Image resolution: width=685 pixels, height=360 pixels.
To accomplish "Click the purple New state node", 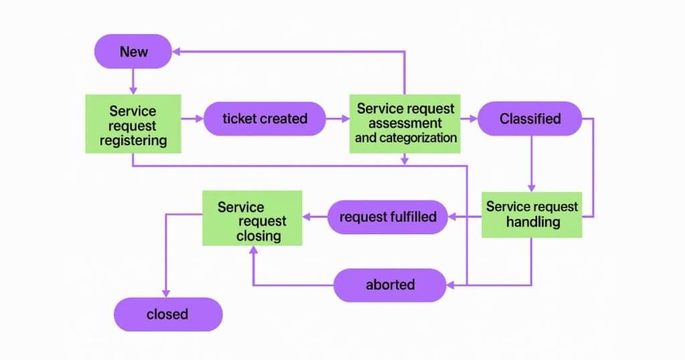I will pos(134,52).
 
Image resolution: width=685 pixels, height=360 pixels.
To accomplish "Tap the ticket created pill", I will pos(265,118).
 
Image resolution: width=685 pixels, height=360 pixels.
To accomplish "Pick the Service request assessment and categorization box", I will pos(405,123).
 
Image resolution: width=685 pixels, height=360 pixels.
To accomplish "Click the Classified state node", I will pos(530,118).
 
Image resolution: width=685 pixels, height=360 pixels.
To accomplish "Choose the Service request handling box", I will pos(532,214).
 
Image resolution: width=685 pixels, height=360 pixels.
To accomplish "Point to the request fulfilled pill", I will pos(388,217).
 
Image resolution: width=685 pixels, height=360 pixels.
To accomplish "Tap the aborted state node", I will pos(390,285).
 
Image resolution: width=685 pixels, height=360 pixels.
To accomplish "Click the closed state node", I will pos(167,314).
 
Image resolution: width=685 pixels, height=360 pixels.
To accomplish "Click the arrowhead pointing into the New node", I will pos(177,52).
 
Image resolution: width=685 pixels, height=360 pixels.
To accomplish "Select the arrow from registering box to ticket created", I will pos(193,119).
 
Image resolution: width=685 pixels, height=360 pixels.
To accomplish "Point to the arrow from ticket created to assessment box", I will pos(338,119).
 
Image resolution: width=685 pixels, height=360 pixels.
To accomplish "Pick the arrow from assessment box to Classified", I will pos(469,119).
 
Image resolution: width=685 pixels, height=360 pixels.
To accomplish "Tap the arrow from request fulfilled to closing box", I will pos(314,217).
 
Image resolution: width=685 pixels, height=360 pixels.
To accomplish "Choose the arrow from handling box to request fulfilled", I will pos(464,217).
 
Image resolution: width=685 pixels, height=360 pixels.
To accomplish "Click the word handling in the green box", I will pos(532,221).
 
